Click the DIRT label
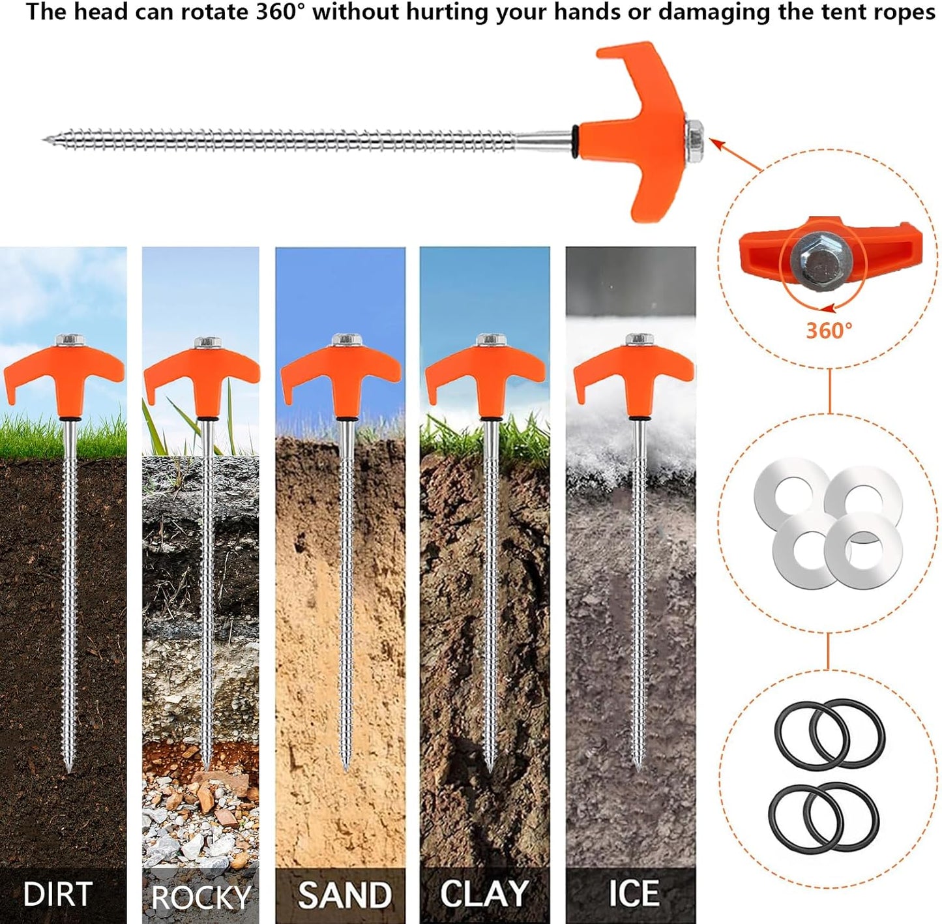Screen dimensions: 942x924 point(57,893)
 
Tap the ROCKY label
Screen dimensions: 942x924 point(201,897)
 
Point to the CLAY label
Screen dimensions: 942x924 point(484,893)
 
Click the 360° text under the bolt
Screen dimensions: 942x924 point(829,331)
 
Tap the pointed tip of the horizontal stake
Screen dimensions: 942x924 point(43,139)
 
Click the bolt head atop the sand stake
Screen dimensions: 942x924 point(347,340)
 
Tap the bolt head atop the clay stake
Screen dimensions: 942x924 point(491,340)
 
